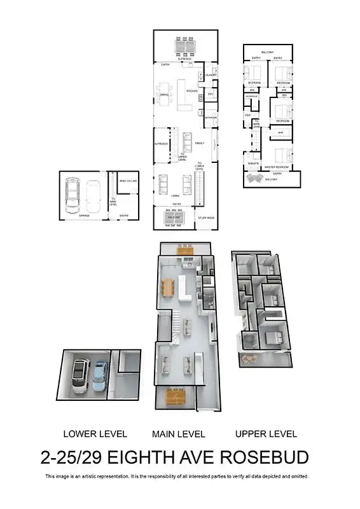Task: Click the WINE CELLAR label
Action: [127, 181]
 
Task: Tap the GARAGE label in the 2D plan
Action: [84, 216]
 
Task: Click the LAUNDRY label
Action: [211, 75]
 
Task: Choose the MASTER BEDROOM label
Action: [278, 167]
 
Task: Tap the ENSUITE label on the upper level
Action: [253, 164]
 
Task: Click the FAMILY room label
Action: [199, 143]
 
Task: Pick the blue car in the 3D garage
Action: [100, 376]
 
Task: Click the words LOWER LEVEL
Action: [95, 434]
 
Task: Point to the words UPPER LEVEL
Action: [266, 434]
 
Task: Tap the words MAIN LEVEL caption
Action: [178, 434]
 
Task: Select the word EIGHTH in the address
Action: [139, 457]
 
